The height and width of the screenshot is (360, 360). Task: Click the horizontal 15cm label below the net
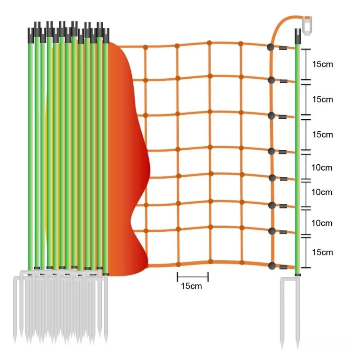pos(192,286)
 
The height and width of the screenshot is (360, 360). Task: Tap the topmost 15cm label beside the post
pos(323,64)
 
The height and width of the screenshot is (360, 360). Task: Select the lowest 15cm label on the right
pos(323,252)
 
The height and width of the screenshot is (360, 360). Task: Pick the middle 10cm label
pos(322,192)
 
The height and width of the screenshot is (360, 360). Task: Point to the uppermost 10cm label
pos(322,167)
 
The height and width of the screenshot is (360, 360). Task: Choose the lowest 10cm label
pos(322,223)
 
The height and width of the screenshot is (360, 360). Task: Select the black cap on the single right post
pos(297,34)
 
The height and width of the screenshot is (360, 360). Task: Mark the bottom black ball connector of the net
pos(272,265)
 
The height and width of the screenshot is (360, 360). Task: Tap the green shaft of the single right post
pos(297,157)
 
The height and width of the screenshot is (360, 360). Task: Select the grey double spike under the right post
pos(290,310)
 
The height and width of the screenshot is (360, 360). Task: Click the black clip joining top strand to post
pos(283,47)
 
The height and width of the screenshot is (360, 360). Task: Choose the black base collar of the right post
pos(297,273)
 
